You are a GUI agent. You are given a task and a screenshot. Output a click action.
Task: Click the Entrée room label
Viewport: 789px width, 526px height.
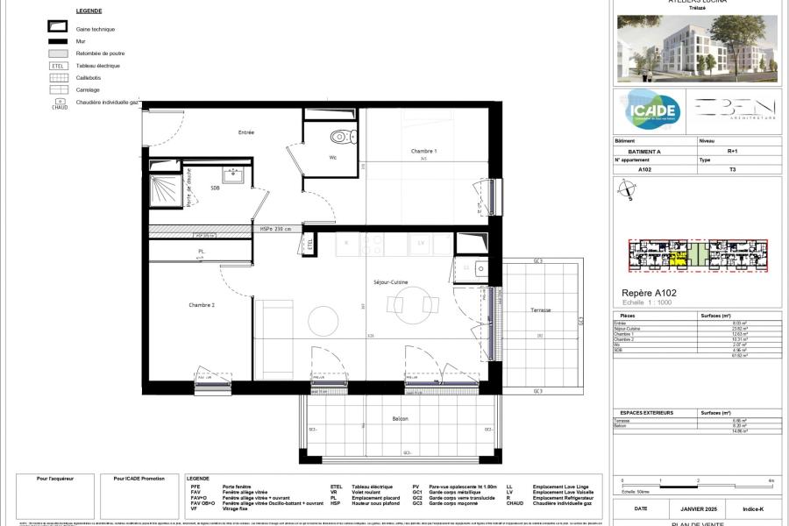pos(246,132)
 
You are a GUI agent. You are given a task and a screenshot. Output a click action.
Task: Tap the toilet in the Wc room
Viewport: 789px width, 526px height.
pos(339,137)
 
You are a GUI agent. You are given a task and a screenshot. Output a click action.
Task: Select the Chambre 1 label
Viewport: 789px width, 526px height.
pos(423,152)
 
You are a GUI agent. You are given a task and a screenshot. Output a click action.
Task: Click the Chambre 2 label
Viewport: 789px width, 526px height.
pos(202,305)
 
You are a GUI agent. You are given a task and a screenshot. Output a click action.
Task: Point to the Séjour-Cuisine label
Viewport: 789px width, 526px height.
pos(393,282)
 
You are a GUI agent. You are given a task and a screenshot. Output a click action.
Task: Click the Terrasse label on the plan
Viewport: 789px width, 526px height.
pos(541,310)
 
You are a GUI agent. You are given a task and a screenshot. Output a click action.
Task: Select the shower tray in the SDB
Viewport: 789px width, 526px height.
pos(166,189)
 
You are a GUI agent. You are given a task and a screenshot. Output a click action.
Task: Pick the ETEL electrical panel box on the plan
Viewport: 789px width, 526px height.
pos(309,246)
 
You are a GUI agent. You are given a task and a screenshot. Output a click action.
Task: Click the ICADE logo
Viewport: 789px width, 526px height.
pos(650,110)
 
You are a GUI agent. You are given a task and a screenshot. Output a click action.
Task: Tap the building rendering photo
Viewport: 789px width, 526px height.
pos(697,48)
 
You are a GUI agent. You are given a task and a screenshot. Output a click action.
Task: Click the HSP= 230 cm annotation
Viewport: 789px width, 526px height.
pos(278,230)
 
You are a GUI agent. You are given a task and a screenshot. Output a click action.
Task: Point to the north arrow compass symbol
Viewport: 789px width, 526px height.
pos(627,189)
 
